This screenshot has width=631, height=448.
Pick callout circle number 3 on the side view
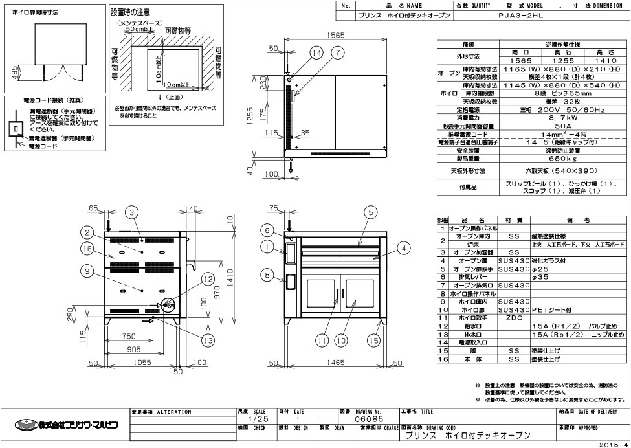click(x=131, y=212)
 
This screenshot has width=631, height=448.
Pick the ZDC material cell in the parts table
click(x=515, y=318)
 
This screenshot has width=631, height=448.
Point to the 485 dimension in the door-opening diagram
click(x=15, y=69)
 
